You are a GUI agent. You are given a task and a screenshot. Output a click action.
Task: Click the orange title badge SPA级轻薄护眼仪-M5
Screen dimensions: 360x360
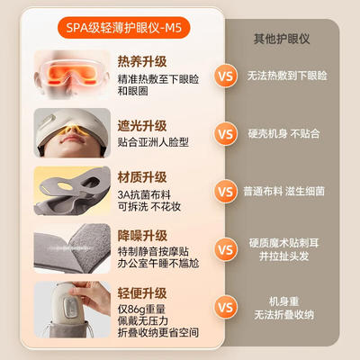pos(123,28)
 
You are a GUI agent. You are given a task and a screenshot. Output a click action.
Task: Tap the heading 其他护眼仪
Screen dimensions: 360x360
pos(282,39)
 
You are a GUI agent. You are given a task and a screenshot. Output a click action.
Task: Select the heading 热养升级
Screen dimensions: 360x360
pos(142,62)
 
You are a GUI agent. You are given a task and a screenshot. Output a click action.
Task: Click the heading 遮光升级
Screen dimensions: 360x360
pos(142,126)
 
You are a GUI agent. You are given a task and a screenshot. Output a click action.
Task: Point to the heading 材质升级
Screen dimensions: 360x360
pos(142,177)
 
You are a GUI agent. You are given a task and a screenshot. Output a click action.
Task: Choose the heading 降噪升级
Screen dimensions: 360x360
pos(142,236)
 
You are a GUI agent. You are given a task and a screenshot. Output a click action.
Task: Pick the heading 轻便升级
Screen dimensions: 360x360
pos(142,293)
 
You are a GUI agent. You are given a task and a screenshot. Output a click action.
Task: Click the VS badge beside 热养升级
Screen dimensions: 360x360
pos(226,76)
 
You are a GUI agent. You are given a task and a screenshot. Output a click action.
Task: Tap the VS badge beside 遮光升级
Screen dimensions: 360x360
pos(226,133)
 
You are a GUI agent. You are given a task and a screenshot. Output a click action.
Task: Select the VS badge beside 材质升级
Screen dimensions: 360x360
pos(226,191)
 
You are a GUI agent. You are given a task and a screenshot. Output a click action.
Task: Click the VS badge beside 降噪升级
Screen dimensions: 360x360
pos(226,249)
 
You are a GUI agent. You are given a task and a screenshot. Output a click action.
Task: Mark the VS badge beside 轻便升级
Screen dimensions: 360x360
pos(226,307)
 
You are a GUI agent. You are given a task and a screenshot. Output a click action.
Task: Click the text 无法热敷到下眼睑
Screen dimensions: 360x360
pos(287,76)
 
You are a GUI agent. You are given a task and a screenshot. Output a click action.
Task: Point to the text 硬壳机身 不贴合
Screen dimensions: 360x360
pos(283,133)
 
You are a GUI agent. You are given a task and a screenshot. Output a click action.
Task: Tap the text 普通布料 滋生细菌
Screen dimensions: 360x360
pos(283,191)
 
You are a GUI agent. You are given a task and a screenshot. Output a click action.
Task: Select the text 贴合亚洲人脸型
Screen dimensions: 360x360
pos(153,142)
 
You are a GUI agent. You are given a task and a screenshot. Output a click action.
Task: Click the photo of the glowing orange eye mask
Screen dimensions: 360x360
pos(72,75)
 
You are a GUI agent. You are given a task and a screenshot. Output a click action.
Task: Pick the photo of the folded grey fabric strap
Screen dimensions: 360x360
pos(72,248)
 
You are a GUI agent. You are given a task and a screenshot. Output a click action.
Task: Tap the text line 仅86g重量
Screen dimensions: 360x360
pos(141,310)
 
